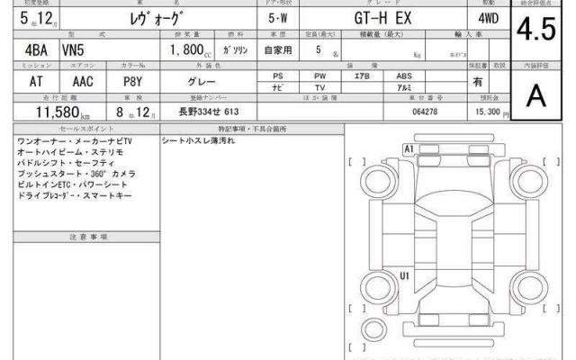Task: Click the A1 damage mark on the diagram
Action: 409,148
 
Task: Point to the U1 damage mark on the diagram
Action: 406,275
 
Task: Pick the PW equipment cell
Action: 319,77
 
